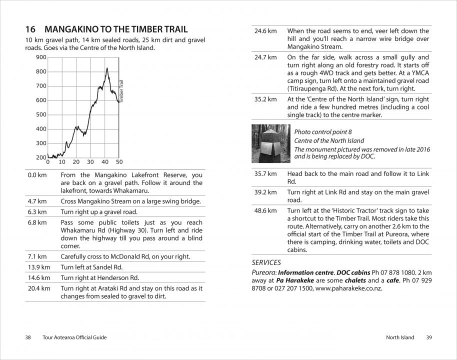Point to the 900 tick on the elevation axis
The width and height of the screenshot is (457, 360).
(x=41, y=57)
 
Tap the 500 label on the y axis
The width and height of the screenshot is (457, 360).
(x=41, y=114)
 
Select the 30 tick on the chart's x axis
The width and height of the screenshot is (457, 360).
(x=90, y=162)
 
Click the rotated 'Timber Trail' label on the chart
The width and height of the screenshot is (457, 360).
(x=121, y=91)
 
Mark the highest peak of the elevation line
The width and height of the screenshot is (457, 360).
(x=106, y=68)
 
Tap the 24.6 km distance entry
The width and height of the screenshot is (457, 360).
(x=265, y=31)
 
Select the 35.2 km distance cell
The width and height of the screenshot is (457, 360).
(x=265, y=99)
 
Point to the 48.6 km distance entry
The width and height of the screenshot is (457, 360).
(x=265, y=210)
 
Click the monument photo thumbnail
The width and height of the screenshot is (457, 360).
(x=270, y=143)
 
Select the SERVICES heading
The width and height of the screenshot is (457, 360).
(x=266, y=262)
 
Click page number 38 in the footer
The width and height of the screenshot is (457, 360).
(x=28, y=337)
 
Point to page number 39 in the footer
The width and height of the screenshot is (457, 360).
(x=429, y=337)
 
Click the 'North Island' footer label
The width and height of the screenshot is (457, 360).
(x=400, y=337)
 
